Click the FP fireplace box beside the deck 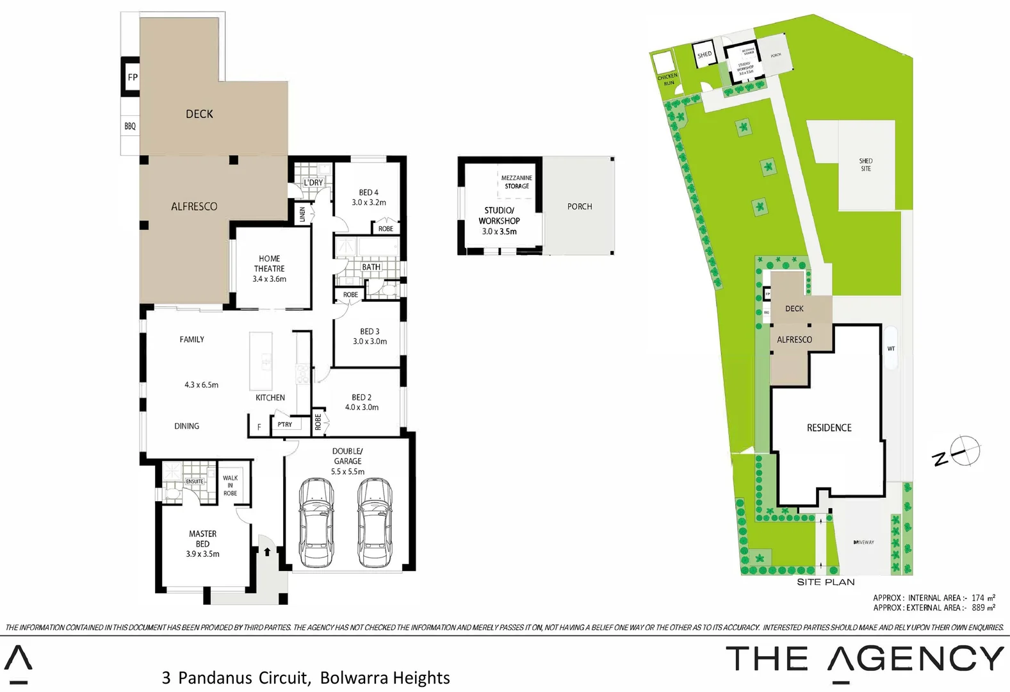pyautogui.click(x=132, y=77)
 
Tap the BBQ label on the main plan pyautogui.click(x=130, y=126)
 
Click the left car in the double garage pyautogui.click(x=316, y=522)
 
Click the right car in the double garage pyautogui.click(x=374, y=522)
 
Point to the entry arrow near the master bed pyautogui.click(x=267, y=551)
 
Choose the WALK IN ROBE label pyautogui.click(x=230, y=486)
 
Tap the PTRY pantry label pyautogui.click(x=285, y=424)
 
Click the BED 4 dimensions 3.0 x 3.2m pyautogui.click(x=369, y=202)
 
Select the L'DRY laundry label pyautogui.click(x=313, y=183)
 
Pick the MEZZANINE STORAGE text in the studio pyautogui.click(x=516, y=182)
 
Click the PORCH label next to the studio pyautogui.click(x=580, y=206)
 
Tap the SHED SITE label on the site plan pyautogui.click(x=866, y=165)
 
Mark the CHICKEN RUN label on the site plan pyautogui.click(x=667, y=79)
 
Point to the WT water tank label pyautogui.click(x=891, y=349)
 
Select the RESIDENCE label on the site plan pyautogui.click(x=829, y=427)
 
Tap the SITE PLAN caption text pyautogui.click(x=826, y=582)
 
